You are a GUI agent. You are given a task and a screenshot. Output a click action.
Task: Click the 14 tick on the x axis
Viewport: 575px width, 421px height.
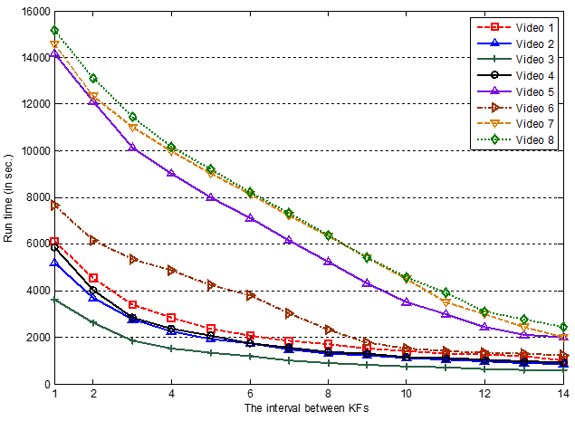click(562, 395)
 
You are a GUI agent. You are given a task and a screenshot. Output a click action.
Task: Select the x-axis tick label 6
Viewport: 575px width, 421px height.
click(250, 395)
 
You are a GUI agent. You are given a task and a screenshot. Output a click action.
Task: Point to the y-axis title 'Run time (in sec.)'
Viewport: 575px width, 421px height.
click(11, 197)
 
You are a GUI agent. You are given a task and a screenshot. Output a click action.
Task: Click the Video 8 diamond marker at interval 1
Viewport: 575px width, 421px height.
click(54, 30)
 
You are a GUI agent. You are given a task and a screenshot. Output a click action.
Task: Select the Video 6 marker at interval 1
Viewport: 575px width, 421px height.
click(54, 206)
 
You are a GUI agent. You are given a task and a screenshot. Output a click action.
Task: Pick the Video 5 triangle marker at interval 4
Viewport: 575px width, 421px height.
click(171, 173)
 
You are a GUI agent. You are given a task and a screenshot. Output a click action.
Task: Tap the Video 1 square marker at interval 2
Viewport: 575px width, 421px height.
click(93, 278)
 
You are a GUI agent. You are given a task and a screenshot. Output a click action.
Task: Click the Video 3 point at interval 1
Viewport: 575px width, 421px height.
click(54, 300)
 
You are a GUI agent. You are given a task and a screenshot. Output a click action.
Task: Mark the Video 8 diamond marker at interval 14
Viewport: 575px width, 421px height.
click(562, 327)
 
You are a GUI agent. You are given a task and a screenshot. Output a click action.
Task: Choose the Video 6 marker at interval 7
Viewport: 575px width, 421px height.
click(289, 313)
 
